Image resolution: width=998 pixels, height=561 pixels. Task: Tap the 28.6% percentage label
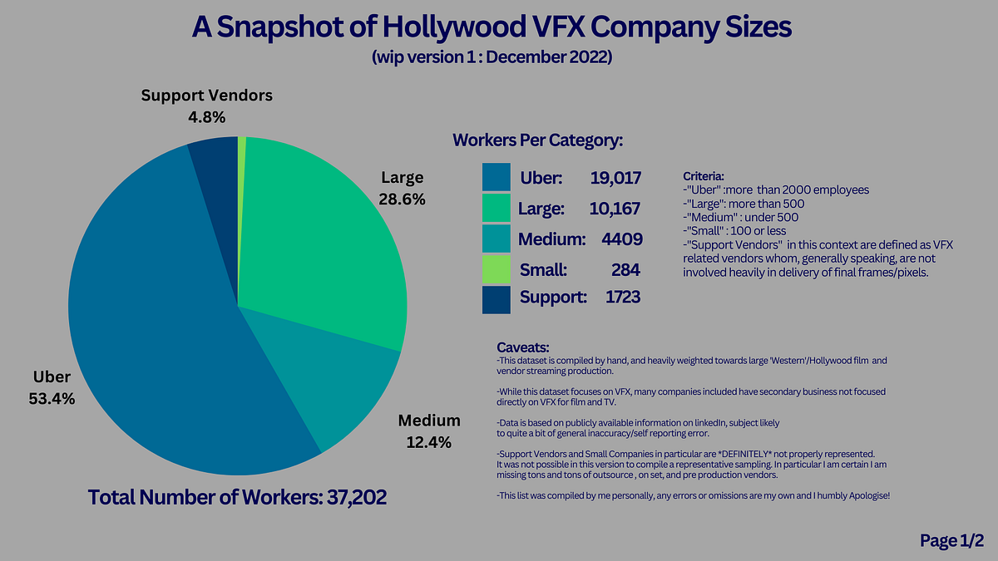[x=403, y=199]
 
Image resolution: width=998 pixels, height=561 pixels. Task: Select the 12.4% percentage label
[x=428, y=442]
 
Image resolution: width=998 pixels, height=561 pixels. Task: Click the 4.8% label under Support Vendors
[x=206, y=117]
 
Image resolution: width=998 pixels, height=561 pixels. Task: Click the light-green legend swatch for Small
[x=496, y=269]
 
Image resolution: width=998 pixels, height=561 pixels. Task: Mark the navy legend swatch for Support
[x=496, y=298]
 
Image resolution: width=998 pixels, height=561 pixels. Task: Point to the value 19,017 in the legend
[x=612, y=178]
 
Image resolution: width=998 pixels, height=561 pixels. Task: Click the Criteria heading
[x=704, y=177]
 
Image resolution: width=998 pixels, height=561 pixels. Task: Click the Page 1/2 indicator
[x=951, y=541]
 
